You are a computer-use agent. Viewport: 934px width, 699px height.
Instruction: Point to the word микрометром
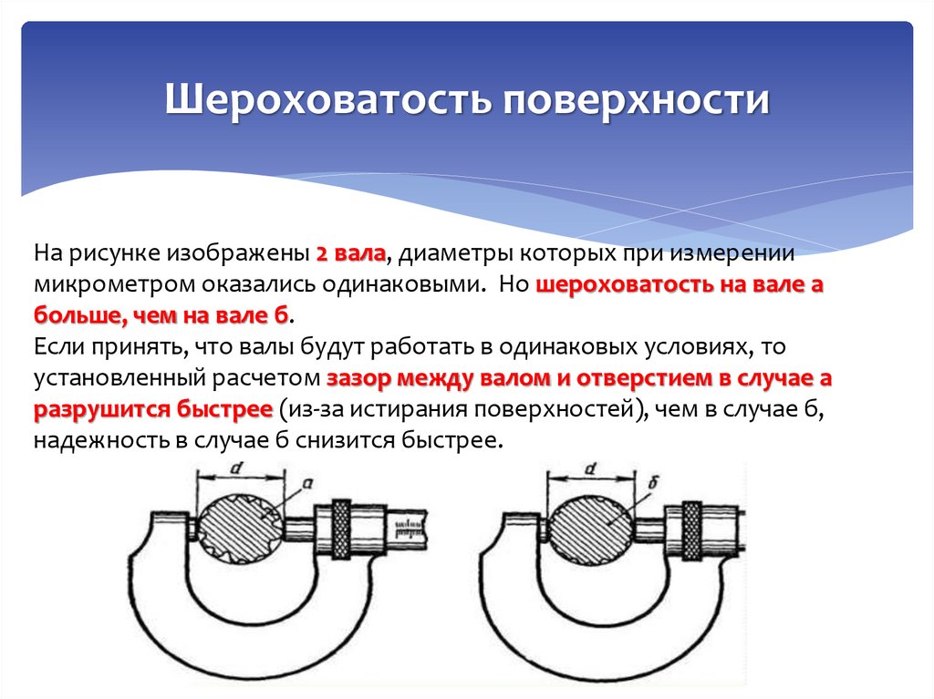coord(113,283)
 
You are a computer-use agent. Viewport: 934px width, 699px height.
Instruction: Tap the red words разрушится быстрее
coord(153,410)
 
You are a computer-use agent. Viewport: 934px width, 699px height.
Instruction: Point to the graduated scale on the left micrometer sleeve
coord(408,528)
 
